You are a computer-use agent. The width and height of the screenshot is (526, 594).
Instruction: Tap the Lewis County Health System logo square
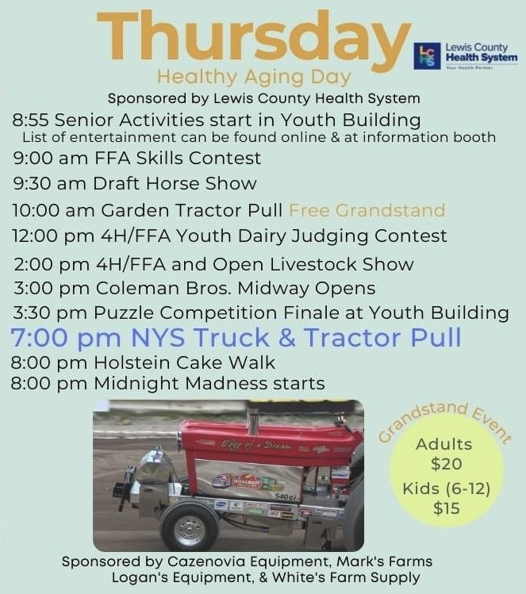[x=427, y=57]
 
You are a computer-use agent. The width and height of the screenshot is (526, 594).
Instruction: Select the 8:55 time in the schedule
[x=32, y=121]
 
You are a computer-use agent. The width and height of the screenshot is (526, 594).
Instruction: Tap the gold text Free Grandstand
[x=367, y=210]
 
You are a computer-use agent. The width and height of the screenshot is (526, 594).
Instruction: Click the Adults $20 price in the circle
[x=443, y=454]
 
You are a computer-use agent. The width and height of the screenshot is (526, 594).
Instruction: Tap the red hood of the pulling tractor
[x=262, y=445]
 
